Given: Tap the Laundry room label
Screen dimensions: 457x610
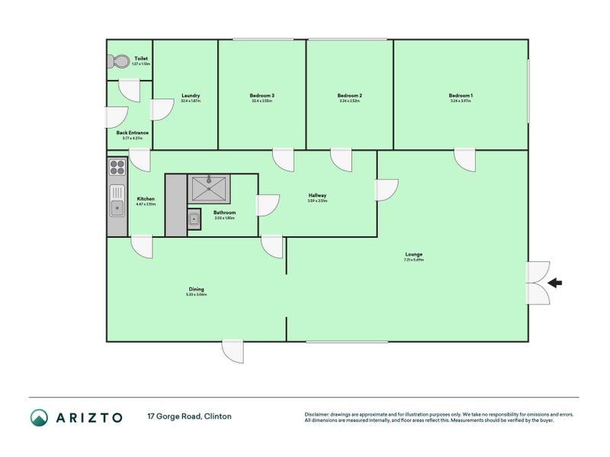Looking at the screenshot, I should coord(191,96).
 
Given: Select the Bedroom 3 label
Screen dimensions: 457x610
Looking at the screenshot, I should coord(262,96).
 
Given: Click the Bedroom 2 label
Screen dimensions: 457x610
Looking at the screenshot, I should coord(349,96).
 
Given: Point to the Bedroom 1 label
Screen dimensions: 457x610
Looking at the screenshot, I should coord(461,96).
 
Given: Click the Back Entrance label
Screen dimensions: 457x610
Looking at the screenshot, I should coord(133,133).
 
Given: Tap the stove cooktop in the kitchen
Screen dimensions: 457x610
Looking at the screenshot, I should coord(117,166).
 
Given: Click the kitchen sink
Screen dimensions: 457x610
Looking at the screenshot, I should coord(117,203).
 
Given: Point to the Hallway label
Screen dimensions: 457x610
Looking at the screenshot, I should coord(318,196).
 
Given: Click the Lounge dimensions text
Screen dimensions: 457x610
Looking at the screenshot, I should coord(414,260).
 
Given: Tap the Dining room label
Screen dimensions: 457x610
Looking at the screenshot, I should coord(197,289).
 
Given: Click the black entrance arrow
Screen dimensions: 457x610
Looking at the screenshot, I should coord(555,283).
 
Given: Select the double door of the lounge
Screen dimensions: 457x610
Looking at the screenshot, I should coord(538,283).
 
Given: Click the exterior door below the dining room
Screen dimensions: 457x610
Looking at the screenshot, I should coord(233,350).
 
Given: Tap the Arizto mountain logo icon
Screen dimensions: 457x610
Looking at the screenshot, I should coord(39,417).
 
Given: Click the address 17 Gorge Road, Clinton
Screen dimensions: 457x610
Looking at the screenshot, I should coord(189,417).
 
